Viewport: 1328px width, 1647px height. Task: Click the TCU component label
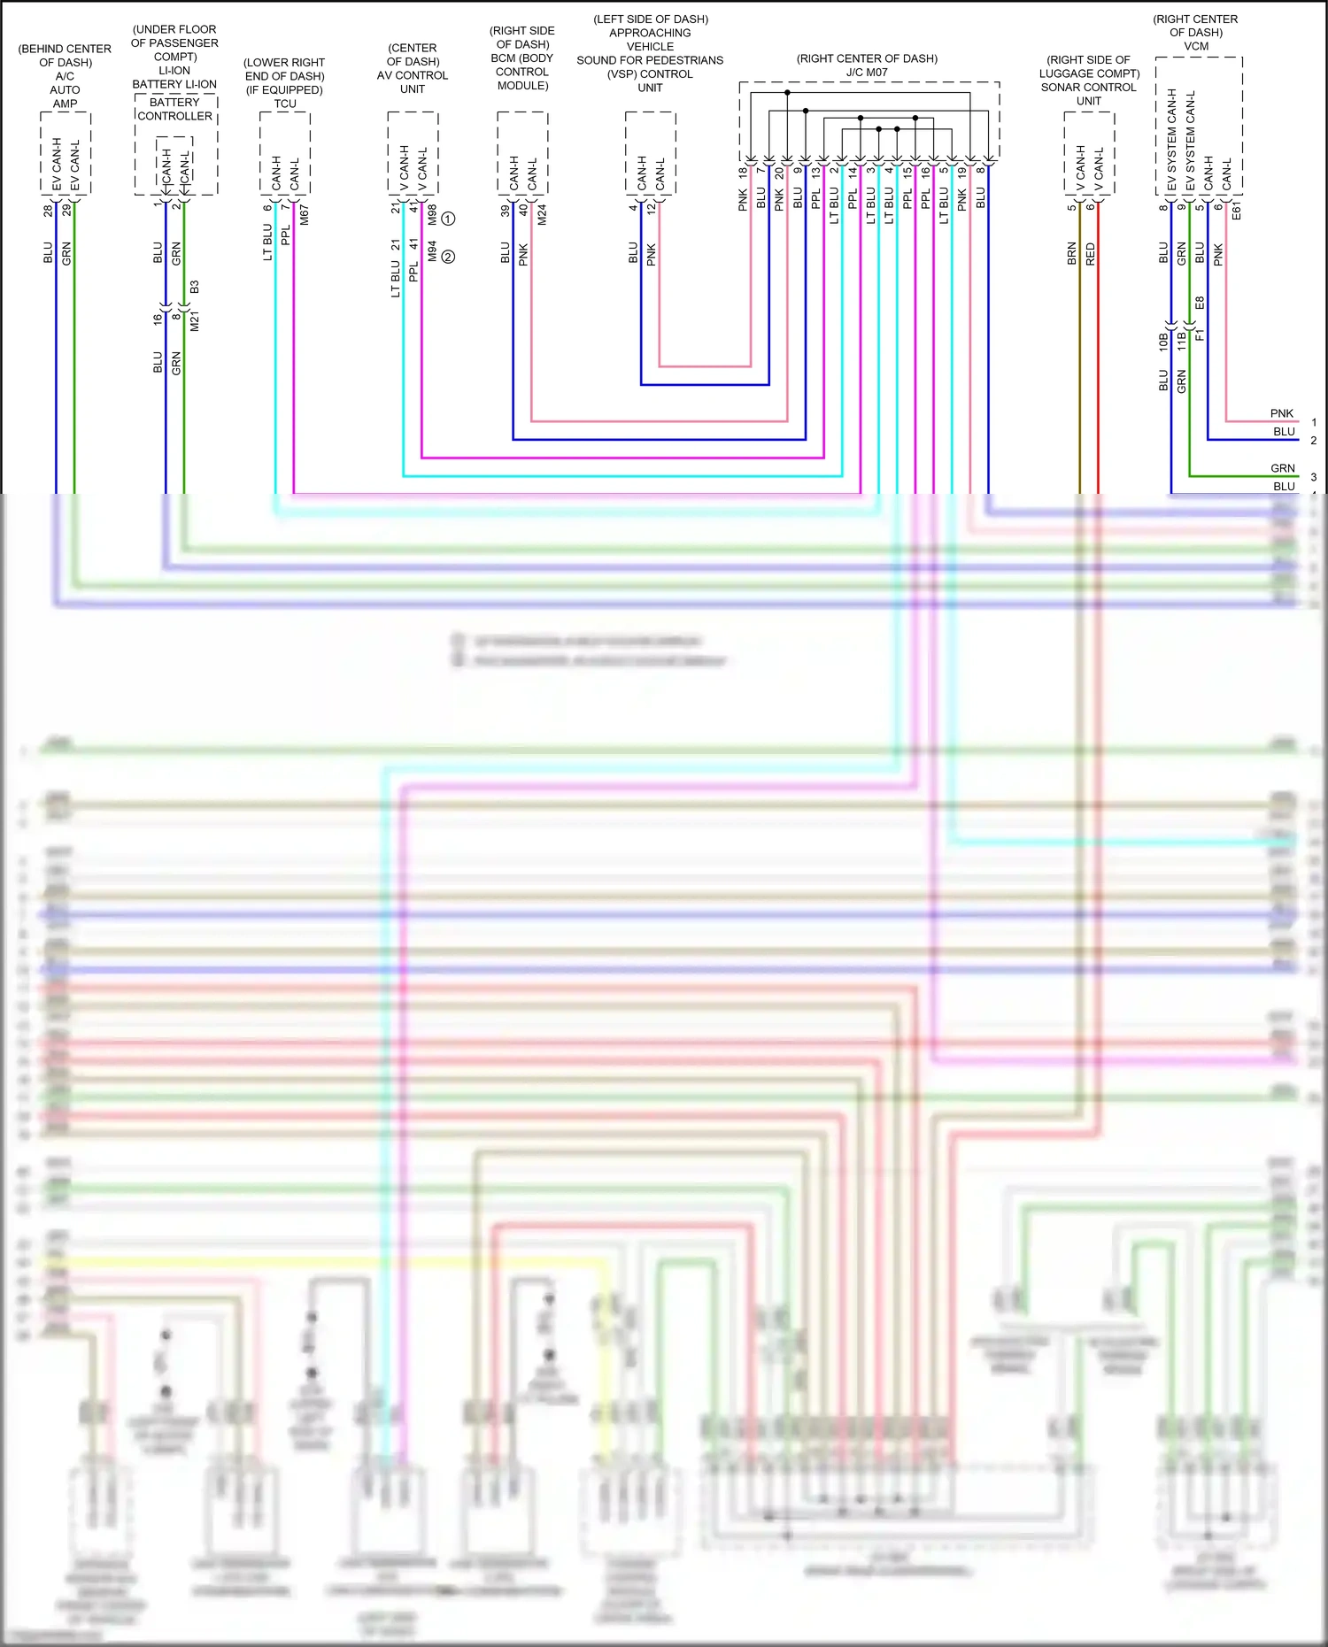(x=285, y=104)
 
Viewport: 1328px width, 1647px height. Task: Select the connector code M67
(x=305, y=214)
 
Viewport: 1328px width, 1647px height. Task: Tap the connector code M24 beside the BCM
(x=542, y=214)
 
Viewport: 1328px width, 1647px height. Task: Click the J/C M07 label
(x=867, y=73)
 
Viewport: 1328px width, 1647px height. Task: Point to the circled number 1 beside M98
(x=448, y=219)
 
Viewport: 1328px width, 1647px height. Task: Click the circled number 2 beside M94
(x=448, y=257)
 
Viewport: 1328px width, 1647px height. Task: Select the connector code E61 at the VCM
(x=1237, y=210)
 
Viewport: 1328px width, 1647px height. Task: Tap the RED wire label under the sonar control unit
(x=1091, y=254)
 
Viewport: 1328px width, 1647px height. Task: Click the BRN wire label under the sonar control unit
(x=1072, y=254)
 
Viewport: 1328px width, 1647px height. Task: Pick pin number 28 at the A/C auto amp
(x=48, y=211)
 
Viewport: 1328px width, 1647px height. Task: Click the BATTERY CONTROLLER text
(x=174, y=109)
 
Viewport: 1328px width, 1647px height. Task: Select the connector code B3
(x=195, y=287)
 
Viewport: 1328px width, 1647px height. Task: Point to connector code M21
(x=195, y=321)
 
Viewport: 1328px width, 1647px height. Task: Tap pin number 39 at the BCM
(x=505, y=211)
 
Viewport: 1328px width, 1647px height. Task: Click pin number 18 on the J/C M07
(x=743, y=173)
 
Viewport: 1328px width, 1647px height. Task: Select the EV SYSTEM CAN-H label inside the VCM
(x=1172, y=140)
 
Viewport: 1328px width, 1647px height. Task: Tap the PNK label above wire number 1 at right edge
(x=1281, y=413)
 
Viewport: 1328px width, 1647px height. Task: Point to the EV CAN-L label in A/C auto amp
(x=75, y=165)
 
